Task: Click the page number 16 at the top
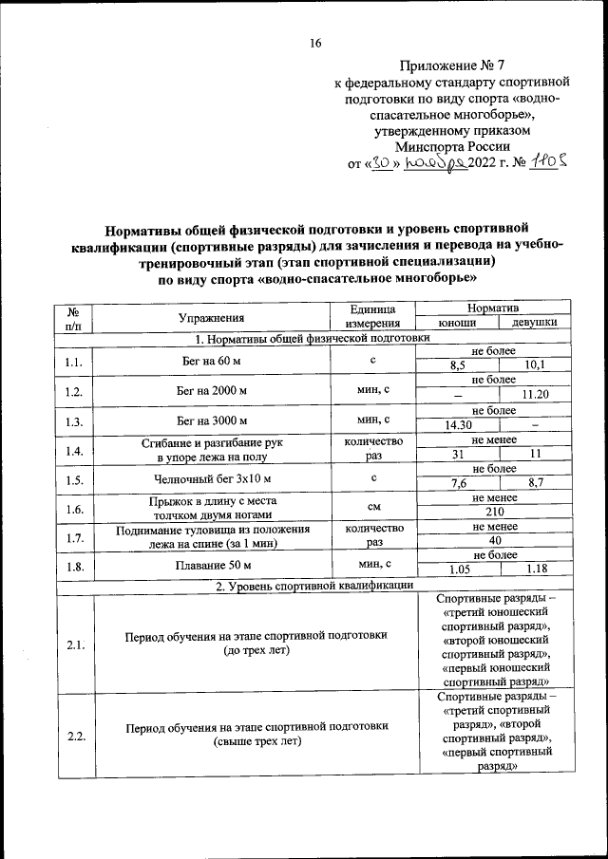click(315, 43)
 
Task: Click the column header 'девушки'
click(535, 324)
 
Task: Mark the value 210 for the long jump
click(494, 513)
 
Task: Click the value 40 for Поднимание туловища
click(494, 540)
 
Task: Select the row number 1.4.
click(73, 451)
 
